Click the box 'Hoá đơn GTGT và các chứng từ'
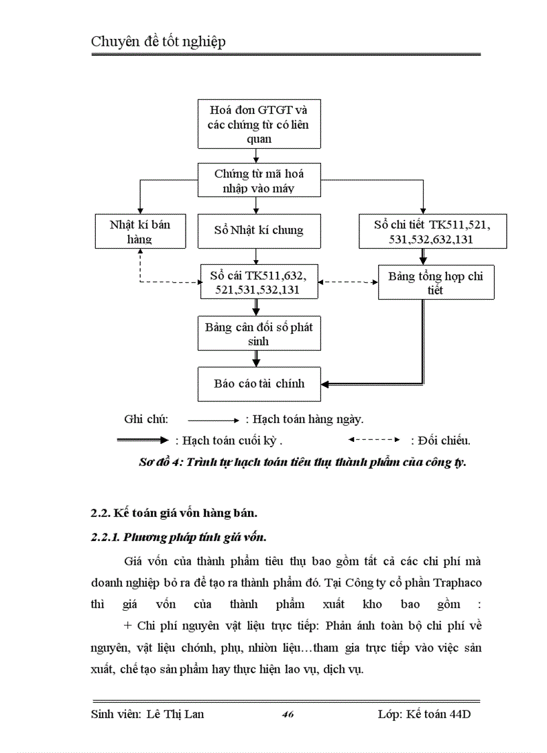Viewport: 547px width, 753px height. tap(259, 123)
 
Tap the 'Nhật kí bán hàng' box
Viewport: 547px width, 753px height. tap(139, 231)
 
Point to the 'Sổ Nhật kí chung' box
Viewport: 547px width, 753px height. tap(259, 231)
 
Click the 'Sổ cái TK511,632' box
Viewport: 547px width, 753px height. tap(259, 282)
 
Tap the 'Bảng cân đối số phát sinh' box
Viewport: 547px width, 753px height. tap(259, 334)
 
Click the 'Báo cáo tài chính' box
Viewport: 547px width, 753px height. tap(259, 384)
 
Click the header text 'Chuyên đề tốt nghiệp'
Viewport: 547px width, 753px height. tap(158, 42)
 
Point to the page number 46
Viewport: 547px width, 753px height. tap(288, 715)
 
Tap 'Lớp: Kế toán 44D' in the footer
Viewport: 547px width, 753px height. tap(424, 714)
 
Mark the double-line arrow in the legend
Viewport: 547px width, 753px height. tap(142, 441)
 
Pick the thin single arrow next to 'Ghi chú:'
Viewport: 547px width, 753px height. tap(213, 420)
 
